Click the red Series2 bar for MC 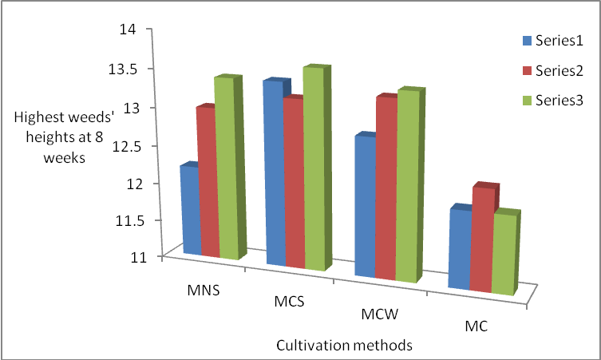pos(481,239)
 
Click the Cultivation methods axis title pos(344,346)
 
